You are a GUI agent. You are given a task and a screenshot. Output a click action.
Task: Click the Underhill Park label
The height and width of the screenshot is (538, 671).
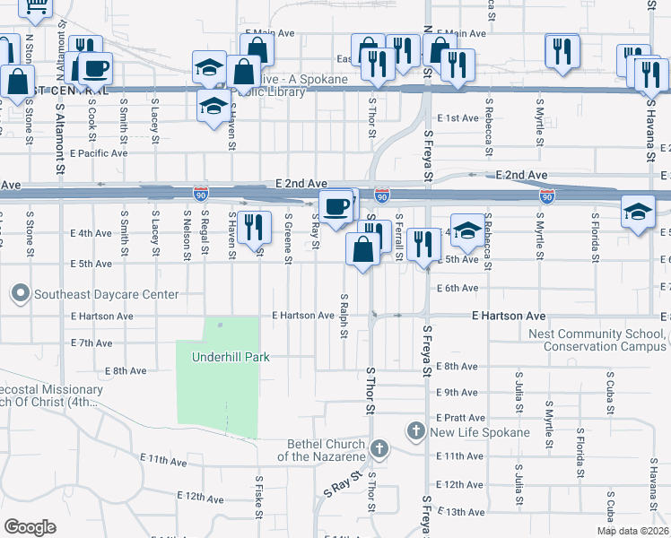click(x=231, y=357)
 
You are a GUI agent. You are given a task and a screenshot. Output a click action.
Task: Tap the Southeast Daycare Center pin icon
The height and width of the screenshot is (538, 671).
click(x=20, y=293)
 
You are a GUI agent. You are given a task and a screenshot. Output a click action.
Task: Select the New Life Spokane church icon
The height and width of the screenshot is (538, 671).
click(x=416, y=432)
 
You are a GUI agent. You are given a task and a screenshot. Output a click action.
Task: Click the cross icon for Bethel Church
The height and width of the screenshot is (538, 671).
click(x=379, y=447)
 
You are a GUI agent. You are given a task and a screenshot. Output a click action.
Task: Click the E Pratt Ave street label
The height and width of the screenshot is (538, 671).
click(x=461, y=418)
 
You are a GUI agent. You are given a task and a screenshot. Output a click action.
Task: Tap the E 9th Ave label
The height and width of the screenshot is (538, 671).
click(x=457, y=393)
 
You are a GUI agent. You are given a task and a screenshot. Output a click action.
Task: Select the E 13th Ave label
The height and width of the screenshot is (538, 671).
click(x=465, y=511)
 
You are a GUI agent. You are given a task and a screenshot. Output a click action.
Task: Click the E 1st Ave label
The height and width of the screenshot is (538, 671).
click(x=458, y=118)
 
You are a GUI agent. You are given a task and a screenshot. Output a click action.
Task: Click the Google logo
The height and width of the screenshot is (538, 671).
click(x=30, y=527)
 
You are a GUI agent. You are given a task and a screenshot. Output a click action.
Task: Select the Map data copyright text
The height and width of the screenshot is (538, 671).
click(x=632, y=531)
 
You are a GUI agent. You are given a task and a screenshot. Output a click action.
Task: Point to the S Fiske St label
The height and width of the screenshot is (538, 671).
click(x=259, y=502)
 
